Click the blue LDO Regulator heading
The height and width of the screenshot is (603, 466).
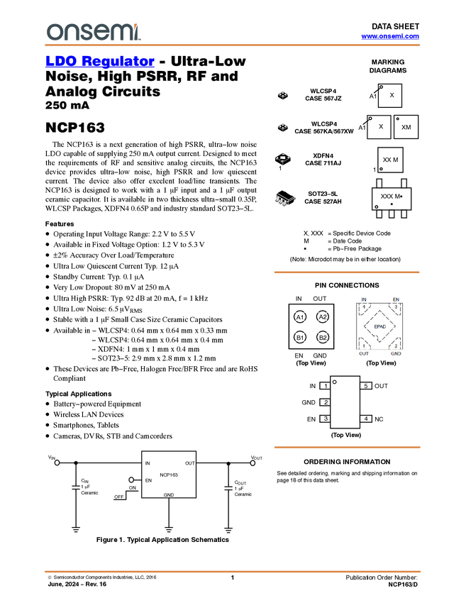click(99, 61)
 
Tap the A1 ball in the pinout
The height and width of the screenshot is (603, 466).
click(300, 317)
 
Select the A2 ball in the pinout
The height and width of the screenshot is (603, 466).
click(323, 317)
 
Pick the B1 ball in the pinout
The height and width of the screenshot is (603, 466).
click(300, 338)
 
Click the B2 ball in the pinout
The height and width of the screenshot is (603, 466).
click(323, 338)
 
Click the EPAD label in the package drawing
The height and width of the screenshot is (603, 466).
click(380, 326)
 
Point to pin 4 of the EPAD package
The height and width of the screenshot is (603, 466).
click(365, 306)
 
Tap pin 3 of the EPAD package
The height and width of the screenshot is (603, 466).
click(396, 306)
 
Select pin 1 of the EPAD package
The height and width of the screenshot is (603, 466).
click(365, 346)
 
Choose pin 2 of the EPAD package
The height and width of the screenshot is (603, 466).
click(396, 346)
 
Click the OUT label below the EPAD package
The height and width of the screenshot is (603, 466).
click(364, 353)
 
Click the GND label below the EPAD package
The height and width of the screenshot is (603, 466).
click(396, 353)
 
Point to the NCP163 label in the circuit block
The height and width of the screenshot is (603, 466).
click(169, 475)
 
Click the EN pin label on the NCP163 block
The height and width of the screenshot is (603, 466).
click(149, 481)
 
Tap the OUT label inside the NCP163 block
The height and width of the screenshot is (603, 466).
click(189, 463)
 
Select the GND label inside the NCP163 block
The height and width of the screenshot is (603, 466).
click(169, 494)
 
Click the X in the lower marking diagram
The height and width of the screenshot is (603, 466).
click(381, 126)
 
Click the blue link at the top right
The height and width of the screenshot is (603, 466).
click(389, 36)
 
